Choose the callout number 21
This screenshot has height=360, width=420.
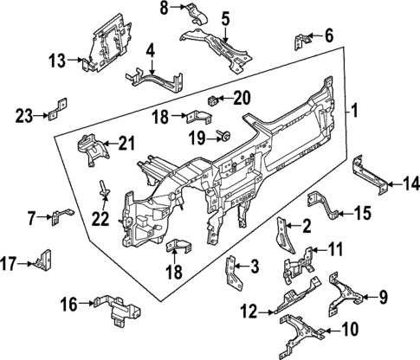[127, 143]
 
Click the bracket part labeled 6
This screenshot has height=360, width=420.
[303, 40]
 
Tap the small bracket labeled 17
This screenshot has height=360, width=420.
[46, 260]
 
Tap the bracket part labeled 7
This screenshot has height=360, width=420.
[61, 214]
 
